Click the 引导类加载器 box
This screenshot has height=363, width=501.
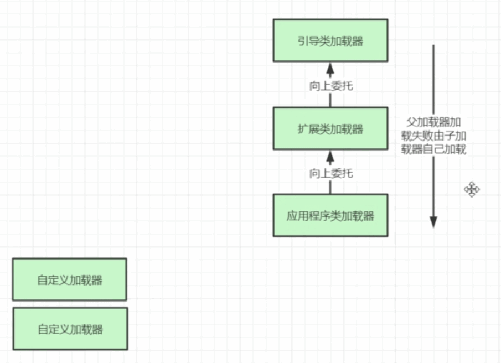(330, 40)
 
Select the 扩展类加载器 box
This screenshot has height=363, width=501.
(330, 129)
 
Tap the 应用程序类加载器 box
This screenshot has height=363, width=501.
(330, 215)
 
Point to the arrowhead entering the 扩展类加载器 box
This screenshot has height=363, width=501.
(330, 157)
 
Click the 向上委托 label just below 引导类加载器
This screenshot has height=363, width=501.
(330, 86)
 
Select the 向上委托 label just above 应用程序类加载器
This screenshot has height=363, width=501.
(330, 173)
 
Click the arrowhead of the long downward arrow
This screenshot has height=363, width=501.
(433, 221)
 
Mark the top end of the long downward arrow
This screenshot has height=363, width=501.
(433, 46)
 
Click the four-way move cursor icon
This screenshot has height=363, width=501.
(472, 190)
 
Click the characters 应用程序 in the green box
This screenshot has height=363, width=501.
(308, 216)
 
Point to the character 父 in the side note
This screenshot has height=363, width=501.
(410, 121)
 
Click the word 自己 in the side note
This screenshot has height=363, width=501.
(437, 149)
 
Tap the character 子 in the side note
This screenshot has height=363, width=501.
(453, 135)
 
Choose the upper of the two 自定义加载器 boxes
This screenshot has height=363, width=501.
(70, 279)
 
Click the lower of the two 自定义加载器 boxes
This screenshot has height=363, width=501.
(70, 329)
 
